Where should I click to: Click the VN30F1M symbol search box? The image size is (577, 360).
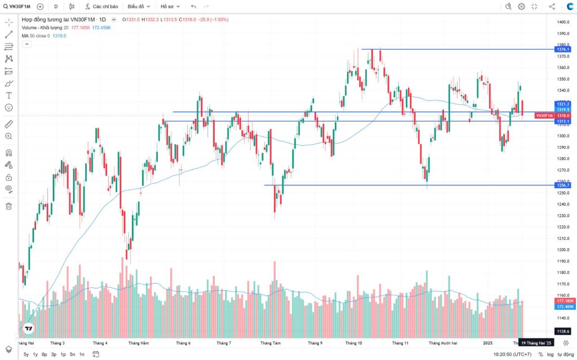17,7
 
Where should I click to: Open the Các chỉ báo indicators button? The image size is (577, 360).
102,7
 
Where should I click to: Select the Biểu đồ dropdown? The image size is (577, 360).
139,7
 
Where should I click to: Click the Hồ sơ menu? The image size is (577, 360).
170,7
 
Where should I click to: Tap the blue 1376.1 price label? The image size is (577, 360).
563,50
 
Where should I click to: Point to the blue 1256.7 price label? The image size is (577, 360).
563,185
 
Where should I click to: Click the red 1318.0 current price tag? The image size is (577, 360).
563,115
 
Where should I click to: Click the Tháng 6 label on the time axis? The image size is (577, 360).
183,343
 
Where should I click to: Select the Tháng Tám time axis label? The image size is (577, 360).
270,343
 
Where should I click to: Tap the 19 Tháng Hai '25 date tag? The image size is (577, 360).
536,343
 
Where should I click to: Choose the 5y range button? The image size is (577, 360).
26,354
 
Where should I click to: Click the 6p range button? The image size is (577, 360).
44,354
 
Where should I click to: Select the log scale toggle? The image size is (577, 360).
550,354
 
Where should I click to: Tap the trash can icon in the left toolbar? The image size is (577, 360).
8,206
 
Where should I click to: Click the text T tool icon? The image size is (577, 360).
8,95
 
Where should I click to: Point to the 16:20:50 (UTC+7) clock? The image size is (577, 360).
512,354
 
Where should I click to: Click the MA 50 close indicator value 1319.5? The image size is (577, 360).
59,35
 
